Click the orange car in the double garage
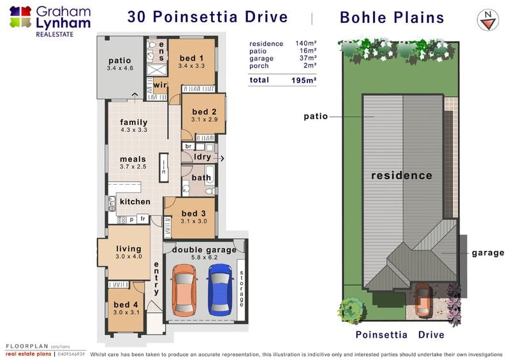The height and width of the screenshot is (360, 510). coord(184,290)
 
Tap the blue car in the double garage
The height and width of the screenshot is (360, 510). coord(220,290)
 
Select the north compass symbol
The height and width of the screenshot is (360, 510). coord(488,20)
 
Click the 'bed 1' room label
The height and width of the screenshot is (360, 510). coord(192,58)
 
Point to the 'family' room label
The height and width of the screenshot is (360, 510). coord(134,122)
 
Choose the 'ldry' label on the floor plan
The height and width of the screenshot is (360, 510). coord(202,157)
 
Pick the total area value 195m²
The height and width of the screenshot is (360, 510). coord(304,80)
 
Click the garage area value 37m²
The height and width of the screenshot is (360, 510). coord(308,58)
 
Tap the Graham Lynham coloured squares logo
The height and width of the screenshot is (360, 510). coord(20,17)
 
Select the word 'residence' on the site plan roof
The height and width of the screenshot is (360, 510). coord(402,176)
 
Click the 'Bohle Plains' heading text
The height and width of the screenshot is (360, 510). coord(392,18)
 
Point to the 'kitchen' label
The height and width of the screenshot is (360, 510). coord(135,201)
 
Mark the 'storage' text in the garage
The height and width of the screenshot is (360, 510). coord(242,289)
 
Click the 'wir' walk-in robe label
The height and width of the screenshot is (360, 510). coord(160,85)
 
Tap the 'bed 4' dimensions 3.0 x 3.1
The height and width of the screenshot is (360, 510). coord(126,312)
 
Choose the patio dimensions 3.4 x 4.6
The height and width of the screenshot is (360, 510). coord(120,68)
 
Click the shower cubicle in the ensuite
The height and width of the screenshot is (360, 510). coord(156,70)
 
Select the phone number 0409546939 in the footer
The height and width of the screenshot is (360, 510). coord(71,354)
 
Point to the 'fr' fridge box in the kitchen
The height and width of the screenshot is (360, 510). coord(143,219)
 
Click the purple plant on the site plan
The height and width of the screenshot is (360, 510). coord(454,305)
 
